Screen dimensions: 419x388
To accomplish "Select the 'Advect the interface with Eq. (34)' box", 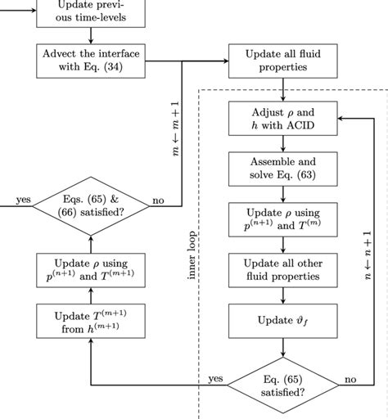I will (x=91, y=60).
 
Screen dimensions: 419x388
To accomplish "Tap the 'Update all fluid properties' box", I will (x=282, y=60).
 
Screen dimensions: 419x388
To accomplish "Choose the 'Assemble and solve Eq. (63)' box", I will (x=282, y=169).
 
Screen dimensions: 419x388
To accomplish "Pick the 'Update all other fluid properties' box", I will (x=282, y=269).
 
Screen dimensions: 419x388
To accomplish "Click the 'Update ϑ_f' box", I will (x=282, y=320).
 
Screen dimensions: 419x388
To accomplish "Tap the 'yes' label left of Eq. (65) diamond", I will (x=216, y=378).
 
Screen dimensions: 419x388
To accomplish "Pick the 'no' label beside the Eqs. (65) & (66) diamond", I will (x=159, y=199).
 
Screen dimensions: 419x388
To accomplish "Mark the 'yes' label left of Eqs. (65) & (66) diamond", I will (x=23, y=199).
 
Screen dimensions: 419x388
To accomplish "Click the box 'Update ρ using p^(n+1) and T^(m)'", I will (x=282, y=219).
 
